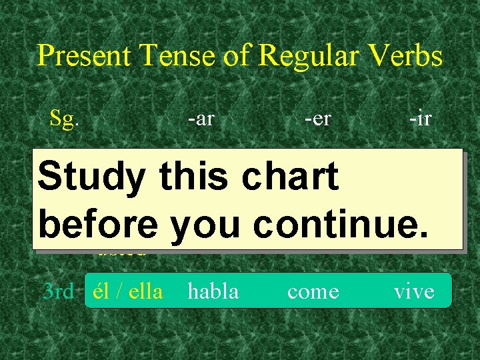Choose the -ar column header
[201, 119]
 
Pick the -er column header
[318, 119]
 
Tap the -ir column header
[421, 119]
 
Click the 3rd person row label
[58, 291]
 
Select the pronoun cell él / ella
[128, 291]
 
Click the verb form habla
[213, 291]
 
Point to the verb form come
[313, 291]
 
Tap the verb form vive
[414, 291]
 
